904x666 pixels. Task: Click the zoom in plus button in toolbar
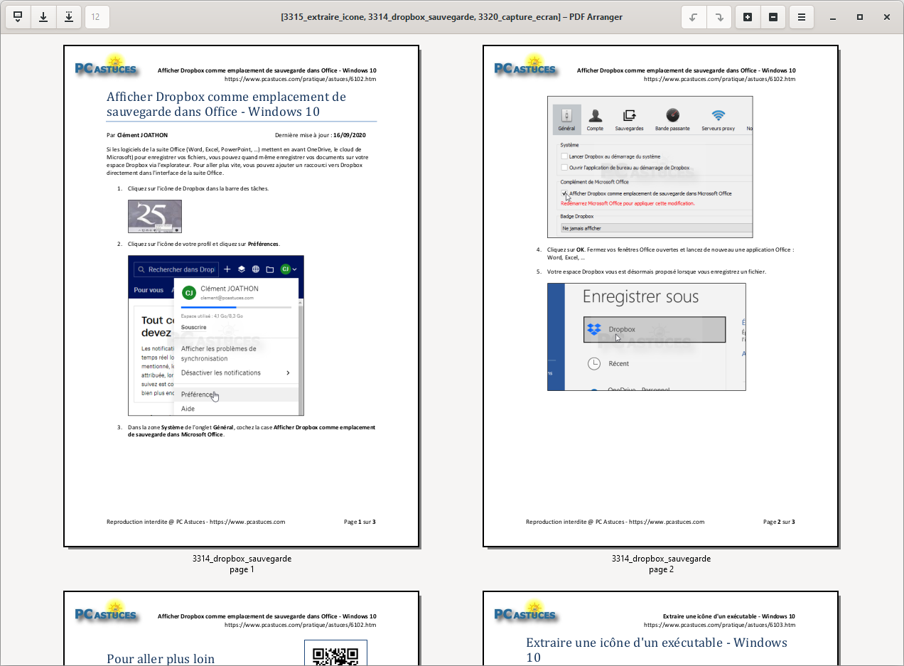click(748, 17)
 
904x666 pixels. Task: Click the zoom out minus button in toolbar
click(773, 17)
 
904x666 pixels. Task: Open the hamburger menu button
click(802, 17)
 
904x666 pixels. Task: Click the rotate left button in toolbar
click(694, 17)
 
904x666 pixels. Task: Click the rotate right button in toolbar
click(719, 17)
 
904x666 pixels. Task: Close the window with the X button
click(887, 17)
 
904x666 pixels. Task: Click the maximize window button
click(860, 17)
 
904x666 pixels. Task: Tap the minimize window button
click(833, 17)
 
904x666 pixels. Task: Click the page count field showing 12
click(97, 17)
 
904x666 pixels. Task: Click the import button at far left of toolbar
click(18, 17)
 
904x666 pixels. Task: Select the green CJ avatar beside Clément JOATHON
click(189, 293)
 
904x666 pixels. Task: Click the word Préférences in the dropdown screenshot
click(197, 394)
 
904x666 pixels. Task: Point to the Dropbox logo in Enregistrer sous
click(594, 329)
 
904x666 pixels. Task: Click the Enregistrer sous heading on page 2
click(640, 297)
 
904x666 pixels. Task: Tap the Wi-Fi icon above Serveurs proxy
click(719, 116)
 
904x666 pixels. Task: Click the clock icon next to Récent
click(594, 363)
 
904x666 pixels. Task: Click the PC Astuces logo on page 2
click(526, 66)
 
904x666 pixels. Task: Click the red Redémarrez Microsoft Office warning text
click(628, 203)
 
